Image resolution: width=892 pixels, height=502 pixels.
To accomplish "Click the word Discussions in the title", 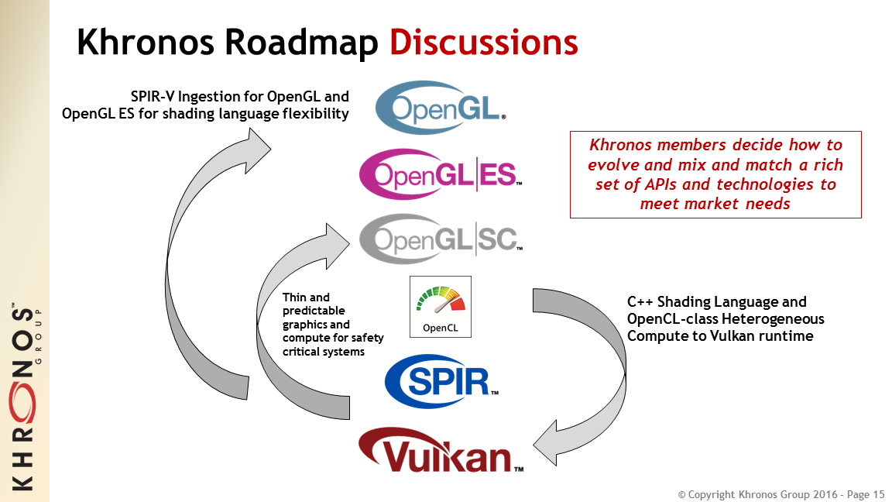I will [x=483, y=43].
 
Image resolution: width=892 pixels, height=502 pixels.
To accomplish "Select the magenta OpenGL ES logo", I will [x=441, y=174].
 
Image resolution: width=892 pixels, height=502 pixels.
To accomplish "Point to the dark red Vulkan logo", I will [x=441, y=451].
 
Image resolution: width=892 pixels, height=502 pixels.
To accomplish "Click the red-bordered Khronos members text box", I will [x=715, y=174].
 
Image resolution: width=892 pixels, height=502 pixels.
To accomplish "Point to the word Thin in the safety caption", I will [x=295, y=297].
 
